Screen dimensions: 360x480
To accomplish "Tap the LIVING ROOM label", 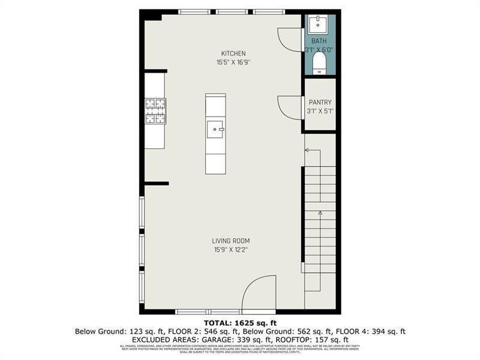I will click(231, 241).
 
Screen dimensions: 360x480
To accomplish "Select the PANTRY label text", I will click(320, 103).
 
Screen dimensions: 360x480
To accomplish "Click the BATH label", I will click(319, 41).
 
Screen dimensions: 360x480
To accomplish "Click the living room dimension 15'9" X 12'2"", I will click(231, 250).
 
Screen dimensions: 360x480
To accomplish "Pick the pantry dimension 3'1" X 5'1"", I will click(319, 111).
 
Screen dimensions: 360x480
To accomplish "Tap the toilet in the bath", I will click(319, 63).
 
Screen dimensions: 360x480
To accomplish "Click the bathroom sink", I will click(318, 25).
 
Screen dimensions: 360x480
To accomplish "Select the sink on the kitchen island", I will click(215, 128).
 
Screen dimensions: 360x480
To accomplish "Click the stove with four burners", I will click(155, 111).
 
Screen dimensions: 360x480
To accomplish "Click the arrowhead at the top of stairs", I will click(307, 150).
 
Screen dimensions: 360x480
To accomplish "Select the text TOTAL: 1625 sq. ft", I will click(240, 323).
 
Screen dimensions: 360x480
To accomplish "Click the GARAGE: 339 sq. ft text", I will click(229, 339).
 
